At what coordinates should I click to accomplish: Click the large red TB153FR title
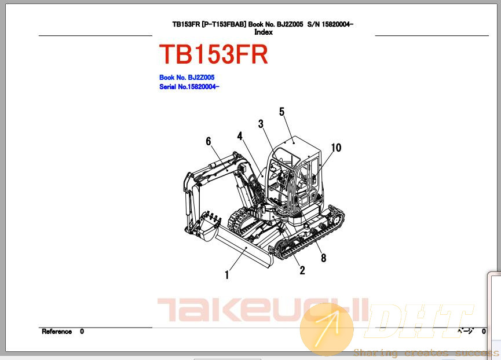[214, 54]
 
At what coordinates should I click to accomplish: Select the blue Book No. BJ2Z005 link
[187, 77]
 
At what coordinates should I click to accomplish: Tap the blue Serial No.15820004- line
[189, 86]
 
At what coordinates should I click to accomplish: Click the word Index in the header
[264, 32]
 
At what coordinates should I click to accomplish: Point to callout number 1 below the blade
[227, 275]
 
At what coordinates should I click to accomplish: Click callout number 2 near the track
[302, 271]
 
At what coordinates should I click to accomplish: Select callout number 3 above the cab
[261, 124]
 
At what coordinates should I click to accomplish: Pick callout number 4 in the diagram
[240, 136]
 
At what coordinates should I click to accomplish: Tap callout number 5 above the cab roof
[281, 112]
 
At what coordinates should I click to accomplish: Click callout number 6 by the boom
[209, 141]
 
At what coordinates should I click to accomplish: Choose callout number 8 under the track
[323, 258]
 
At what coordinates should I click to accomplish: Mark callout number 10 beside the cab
[336, 148]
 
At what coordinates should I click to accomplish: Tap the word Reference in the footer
[57, 332]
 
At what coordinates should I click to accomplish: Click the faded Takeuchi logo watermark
[262, 310]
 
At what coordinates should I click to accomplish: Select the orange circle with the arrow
[327, 330]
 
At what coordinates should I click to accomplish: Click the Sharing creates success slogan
[426, 353]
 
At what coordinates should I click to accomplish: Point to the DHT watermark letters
[419, 321]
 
